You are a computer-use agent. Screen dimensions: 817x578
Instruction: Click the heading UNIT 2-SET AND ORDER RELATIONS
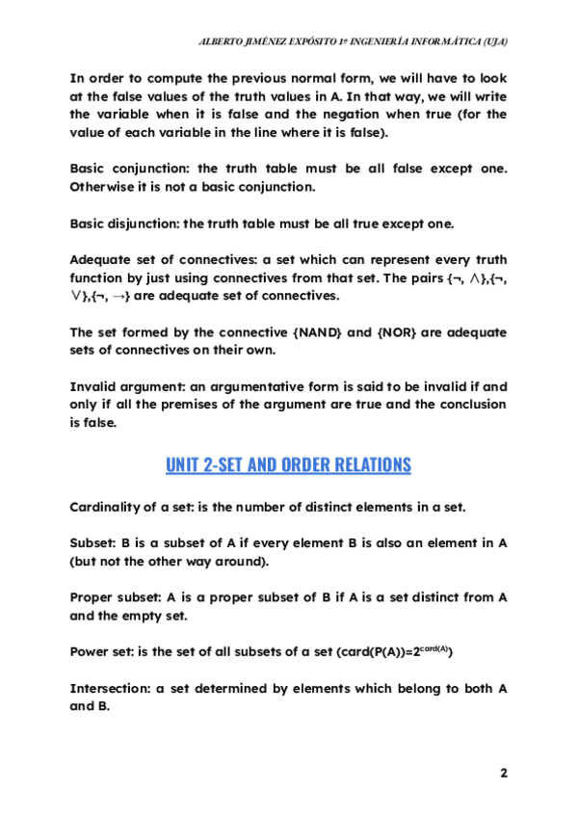(x=288, y=465)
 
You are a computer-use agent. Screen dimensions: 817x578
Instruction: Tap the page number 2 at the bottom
(x=503, y=773)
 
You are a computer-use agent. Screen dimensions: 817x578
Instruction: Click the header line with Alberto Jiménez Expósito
(x=353, y=41)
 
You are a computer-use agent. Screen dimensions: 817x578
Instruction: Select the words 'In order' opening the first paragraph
(x=95, y=78)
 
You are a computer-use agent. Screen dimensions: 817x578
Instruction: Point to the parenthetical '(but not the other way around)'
(x=170, y=561)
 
